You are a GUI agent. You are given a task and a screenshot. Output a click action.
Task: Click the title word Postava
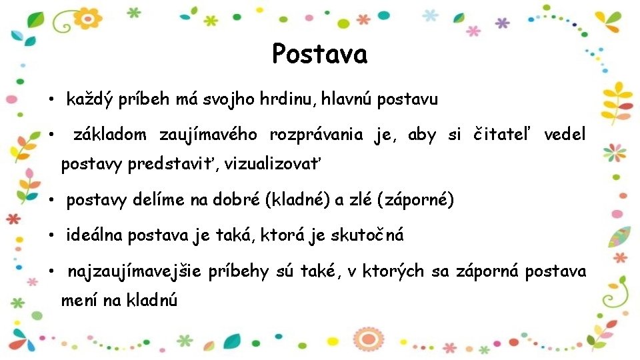(319, 54)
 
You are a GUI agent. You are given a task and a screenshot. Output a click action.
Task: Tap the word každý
(90, 100)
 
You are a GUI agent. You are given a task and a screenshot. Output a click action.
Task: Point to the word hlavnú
(347, 100)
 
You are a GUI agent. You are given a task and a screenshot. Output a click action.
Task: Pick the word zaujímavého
(208, 135)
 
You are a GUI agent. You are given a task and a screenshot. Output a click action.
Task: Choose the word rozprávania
(316, 135)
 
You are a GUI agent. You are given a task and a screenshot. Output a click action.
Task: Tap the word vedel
(565, 135)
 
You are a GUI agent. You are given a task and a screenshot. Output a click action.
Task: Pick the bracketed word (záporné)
(416, 200)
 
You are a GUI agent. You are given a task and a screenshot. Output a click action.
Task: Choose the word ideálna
(95, 235)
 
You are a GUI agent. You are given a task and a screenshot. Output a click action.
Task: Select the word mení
(79, 301)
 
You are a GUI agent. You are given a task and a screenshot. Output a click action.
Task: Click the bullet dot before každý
(51, 101)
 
